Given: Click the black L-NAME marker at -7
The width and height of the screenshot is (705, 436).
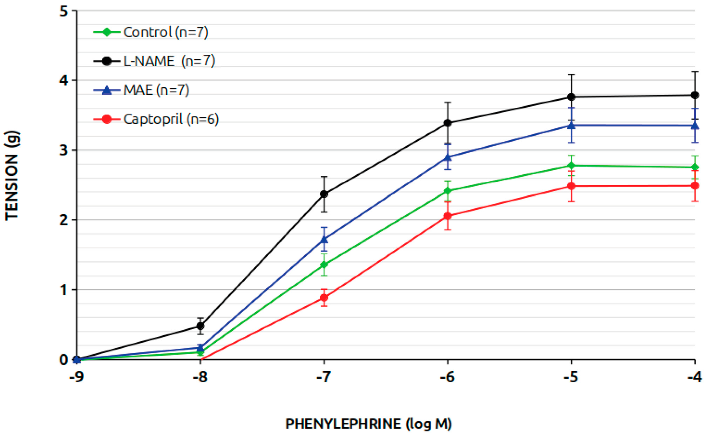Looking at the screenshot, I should click(324, 194).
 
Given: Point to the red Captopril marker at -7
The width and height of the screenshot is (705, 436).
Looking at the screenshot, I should click(324, 298).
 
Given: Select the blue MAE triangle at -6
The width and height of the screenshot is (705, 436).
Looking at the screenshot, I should click(448, 157).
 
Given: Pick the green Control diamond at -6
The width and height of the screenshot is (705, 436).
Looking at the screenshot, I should click(448, 191).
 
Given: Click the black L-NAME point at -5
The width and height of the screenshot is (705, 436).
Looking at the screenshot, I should click(571, 97).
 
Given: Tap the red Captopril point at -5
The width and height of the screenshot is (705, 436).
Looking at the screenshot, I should click(571, 186).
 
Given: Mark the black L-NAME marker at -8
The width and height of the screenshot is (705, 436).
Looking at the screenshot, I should click(201, 326).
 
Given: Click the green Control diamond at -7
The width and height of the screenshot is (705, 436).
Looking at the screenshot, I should click(324, 264).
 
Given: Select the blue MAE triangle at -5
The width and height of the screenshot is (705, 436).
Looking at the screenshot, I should click(571, 125).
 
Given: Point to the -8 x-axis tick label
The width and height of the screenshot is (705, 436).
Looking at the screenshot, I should click(200, 377).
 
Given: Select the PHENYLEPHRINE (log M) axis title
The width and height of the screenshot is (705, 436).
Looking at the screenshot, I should click(368, 424).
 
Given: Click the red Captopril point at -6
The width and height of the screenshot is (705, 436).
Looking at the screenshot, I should click(448, 216).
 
